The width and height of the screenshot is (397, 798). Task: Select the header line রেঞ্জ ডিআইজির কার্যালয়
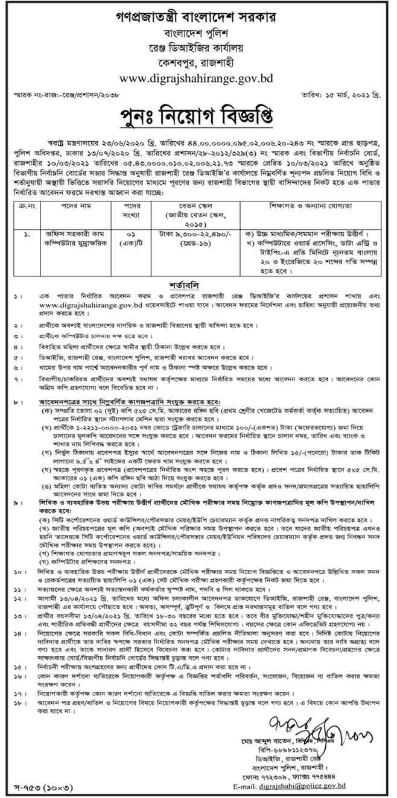point(199,45)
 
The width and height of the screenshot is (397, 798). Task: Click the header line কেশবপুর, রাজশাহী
point(199,61)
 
